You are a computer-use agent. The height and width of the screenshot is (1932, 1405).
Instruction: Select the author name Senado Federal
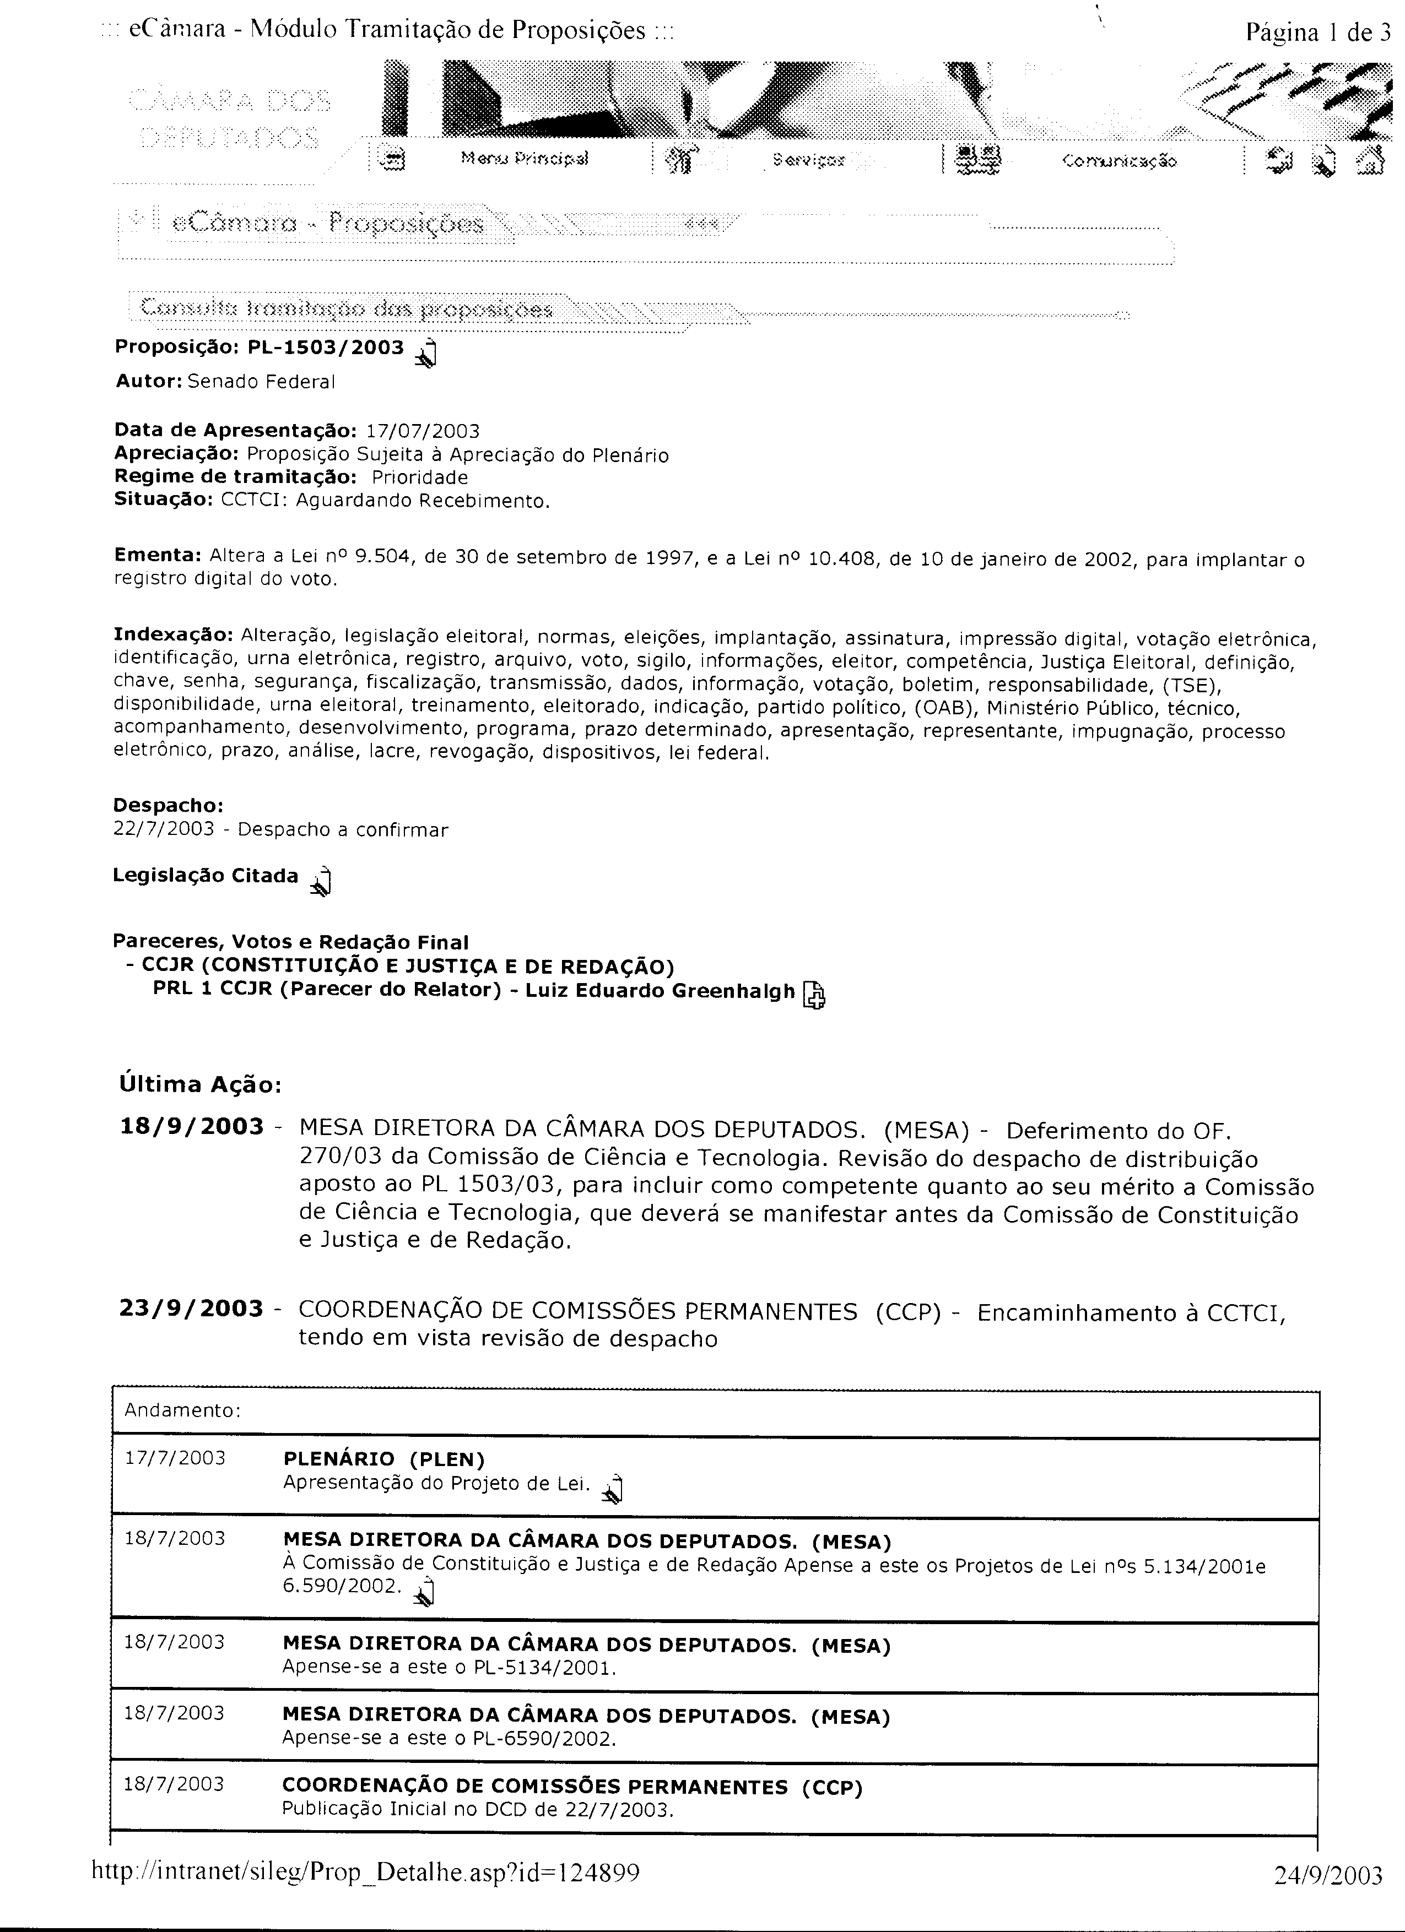pyautogui.click(x=261, y=382)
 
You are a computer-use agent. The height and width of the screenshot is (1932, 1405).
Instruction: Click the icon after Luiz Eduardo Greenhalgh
pyautogui.click(x=814, y=994)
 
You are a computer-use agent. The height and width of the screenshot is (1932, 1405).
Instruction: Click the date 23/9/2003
pyautogui.click(x=192, y=1309)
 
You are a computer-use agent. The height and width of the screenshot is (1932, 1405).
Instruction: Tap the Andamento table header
pyautogui.click(x=182, y=1410)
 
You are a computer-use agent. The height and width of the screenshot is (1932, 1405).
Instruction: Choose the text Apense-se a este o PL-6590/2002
pyautogui.click(x=449, y=1739)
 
